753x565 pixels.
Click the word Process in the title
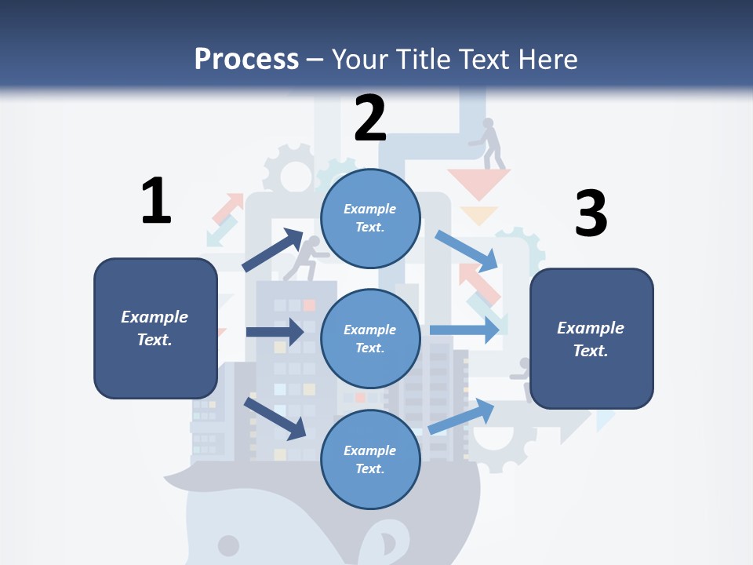coord(246,59)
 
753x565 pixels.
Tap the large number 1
coord(156,201)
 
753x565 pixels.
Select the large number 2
coord(370,118)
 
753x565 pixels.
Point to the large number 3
coord(591,213)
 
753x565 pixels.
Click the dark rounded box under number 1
coord(155,328)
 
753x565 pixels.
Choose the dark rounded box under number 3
coord(591,339)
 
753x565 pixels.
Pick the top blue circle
coord(370,218)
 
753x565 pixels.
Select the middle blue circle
coord(370,338)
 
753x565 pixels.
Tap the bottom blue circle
coord(370,459)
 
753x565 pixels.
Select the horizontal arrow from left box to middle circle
coord(275,332)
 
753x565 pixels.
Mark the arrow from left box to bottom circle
coord(275,418)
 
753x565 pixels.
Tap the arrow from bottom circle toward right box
coord(462,417)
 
